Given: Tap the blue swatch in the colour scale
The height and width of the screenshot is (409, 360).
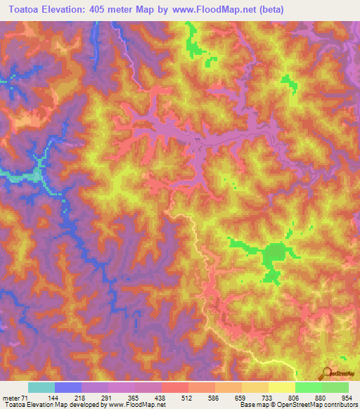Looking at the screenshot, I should click(x=68, y=387).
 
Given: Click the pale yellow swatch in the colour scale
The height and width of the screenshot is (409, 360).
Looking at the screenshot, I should click(x=282, y=387).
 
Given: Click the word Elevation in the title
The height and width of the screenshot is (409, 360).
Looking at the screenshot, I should click(x=72, y=9).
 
